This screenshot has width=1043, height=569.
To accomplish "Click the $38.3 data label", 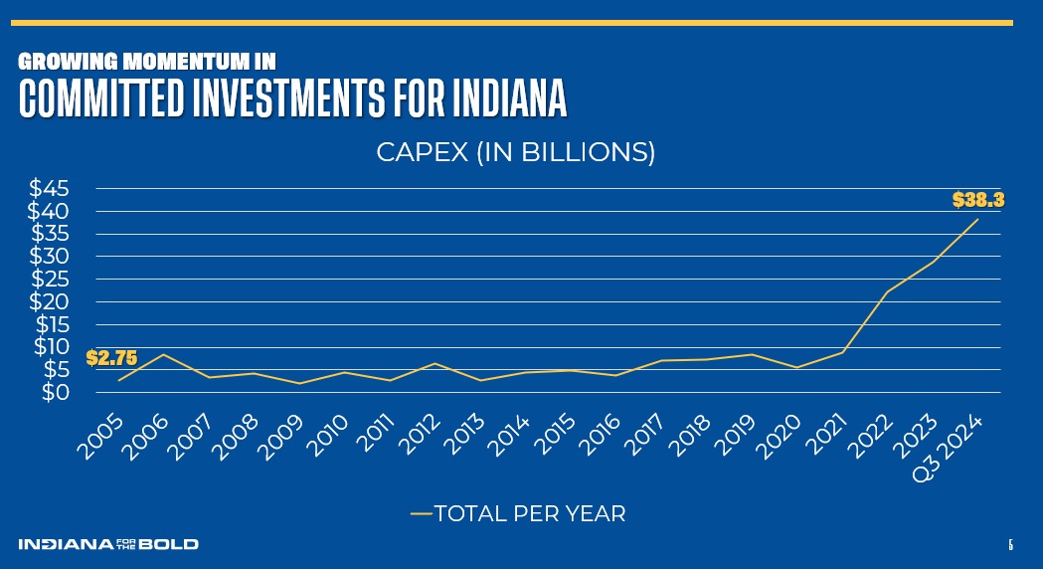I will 978,199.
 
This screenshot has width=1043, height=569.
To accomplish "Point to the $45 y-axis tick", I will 49,188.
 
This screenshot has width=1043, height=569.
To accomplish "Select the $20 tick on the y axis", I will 49,301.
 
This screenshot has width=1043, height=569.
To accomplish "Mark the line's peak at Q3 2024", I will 977,219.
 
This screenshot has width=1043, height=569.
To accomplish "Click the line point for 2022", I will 887,291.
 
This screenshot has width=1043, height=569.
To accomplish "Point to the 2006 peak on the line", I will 163,354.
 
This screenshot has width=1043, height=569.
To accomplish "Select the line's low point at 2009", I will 299,383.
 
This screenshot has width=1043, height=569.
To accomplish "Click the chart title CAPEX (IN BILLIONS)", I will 515,153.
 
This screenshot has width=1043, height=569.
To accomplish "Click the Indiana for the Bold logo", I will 107,544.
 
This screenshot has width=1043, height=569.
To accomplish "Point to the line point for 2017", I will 661,360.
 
